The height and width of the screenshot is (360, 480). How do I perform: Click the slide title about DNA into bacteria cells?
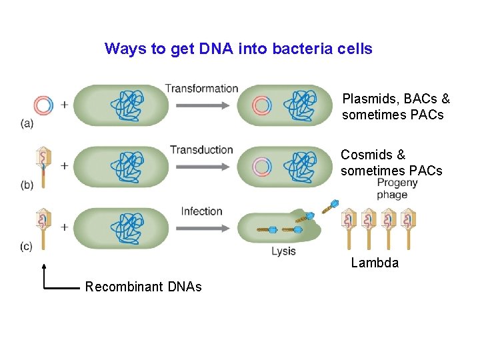click(238, 49)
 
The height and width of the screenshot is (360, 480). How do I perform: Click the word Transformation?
click(201, 88)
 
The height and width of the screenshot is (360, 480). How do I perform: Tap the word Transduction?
click(201, 149)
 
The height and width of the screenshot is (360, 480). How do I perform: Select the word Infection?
click(201, 211)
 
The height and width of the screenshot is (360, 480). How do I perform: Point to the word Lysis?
click(283, 251)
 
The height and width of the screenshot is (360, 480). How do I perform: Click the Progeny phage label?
click(397, 189)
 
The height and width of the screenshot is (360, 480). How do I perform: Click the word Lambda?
click(375, 263)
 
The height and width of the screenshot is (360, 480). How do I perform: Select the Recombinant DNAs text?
click(143, 287)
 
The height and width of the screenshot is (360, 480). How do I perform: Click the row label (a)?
click(27, 123)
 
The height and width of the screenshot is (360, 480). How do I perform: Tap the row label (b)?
click(27, 185)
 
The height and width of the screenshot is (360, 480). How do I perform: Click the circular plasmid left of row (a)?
click(43, 105)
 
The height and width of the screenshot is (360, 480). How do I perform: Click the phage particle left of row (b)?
click(43, 165)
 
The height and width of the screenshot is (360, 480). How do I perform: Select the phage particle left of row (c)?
click(43, 227)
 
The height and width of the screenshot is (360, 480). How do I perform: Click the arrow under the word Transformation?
click(201, 105)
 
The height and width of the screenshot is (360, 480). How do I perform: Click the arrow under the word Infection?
click(201, 227)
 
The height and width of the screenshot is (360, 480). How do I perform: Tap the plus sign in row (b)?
click(64, 165)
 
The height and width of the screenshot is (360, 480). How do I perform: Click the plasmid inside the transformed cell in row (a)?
click(262, 105)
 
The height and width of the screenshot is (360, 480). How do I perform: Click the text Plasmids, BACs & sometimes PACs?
click(396, 107)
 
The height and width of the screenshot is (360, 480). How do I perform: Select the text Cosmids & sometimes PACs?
click(391, 163)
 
